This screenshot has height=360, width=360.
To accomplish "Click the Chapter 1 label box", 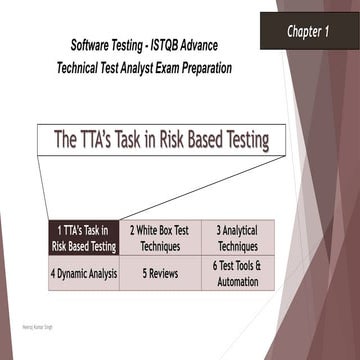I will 308,32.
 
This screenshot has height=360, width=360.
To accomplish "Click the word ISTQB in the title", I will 168,48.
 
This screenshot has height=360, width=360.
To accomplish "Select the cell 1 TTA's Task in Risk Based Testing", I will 83,238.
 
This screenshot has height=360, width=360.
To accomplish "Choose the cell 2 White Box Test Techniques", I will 160,238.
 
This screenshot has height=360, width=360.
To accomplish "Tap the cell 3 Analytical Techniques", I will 237,238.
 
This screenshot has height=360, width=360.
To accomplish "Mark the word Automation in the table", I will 237,282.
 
